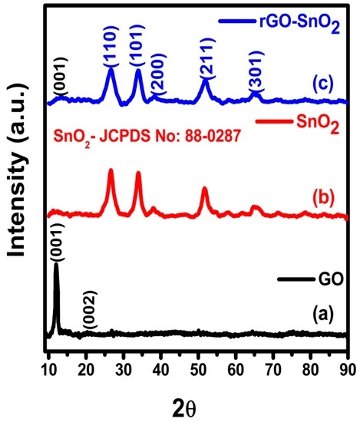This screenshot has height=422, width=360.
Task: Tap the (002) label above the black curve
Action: pos(90,315)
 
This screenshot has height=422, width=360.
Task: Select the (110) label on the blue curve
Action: pos(111,50)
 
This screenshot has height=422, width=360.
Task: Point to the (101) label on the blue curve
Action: pos(138,51)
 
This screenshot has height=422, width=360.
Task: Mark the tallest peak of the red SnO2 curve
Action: pos(111,170)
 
